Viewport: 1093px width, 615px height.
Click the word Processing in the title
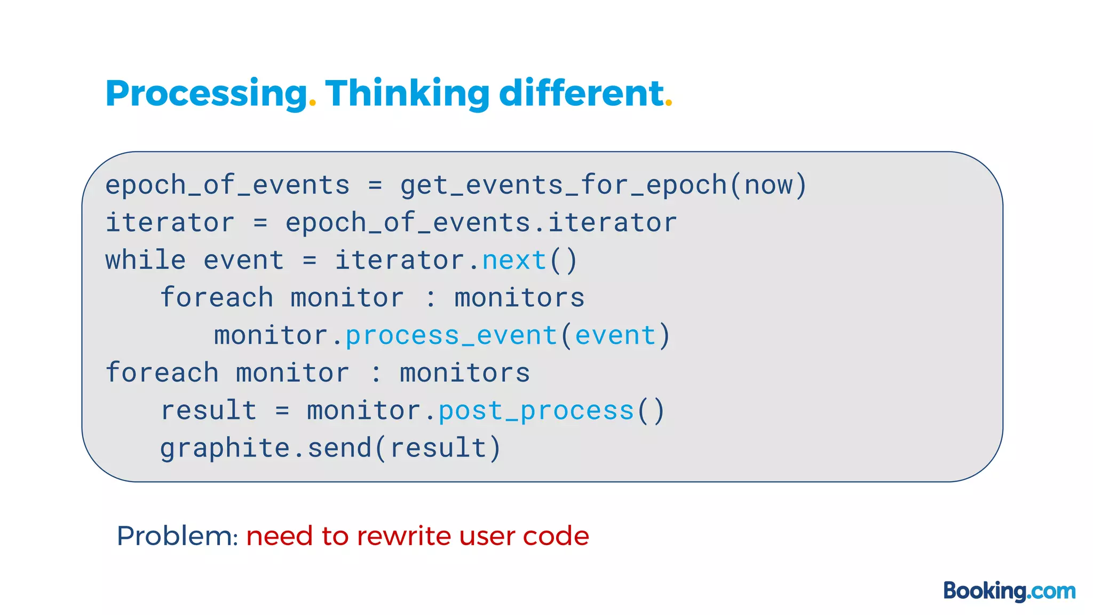(206, 94)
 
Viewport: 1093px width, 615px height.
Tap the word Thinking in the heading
(407, 94)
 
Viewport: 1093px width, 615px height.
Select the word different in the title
(581, 93)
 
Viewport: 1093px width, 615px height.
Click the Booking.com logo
(1009, 591)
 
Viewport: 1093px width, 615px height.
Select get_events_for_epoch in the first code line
(564, 185)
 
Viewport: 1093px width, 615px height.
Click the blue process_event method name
(452, 336)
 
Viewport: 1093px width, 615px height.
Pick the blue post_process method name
(536, 411)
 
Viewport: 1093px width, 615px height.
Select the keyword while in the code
(146, 261)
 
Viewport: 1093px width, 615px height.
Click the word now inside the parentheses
(769, 185)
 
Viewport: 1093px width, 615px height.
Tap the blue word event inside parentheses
(615, 336)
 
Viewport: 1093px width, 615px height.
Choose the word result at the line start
(209, 411)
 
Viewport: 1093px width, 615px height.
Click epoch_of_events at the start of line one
(227, 185)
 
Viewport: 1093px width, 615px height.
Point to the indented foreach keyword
(217, 298)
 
